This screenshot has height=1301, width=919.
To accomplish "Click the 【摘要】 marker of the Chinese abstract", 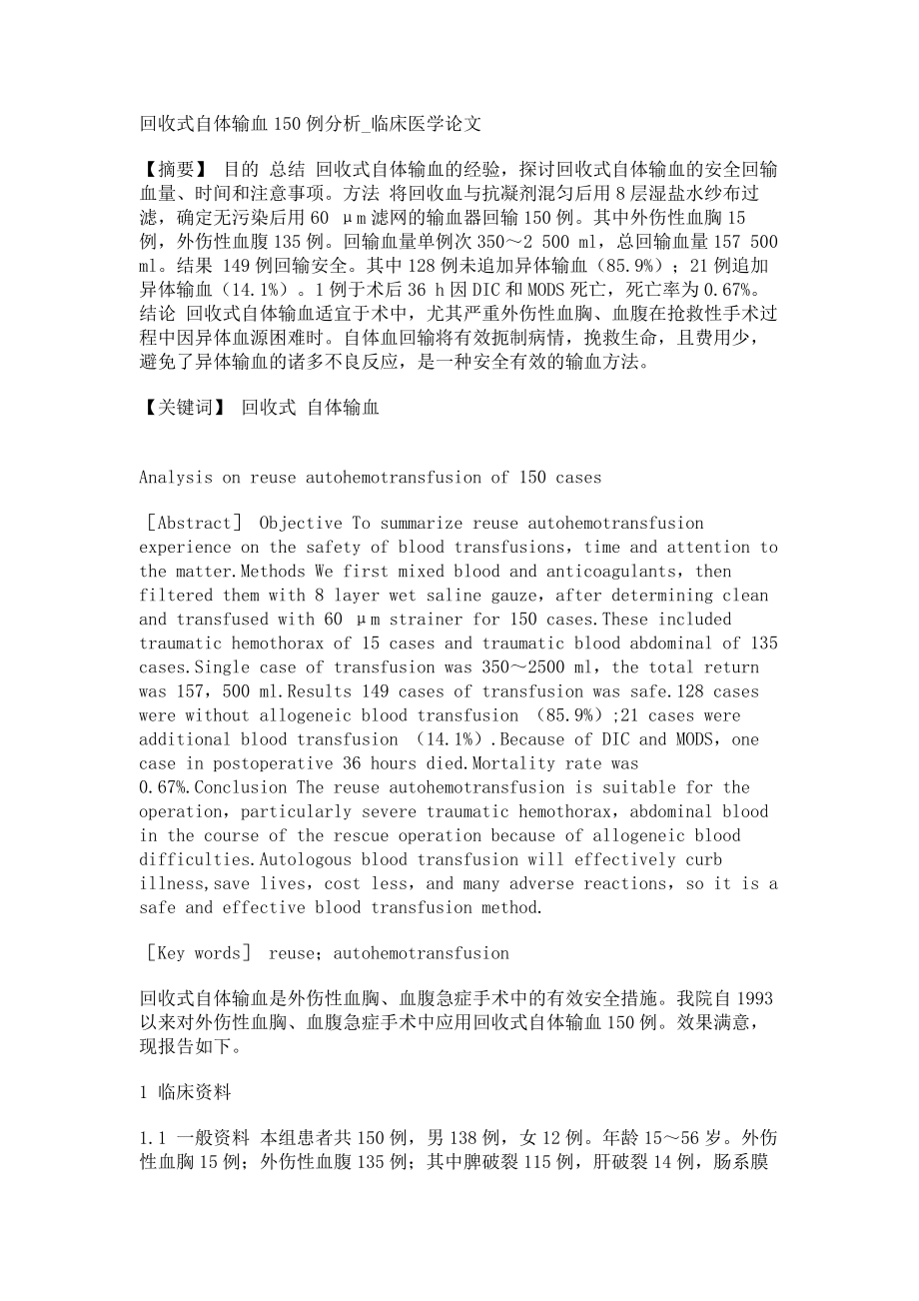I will [174, 171].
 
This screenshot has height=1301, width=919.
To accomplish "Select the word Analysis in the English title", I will [176, 478].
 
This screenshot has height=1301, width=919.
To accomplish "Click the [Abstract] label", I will [195, 524].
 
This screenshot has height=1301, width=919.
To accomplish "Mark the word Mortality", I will [539, 763].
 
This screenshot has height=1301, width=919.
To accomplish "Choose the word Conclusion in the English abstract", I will [232, 787].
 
